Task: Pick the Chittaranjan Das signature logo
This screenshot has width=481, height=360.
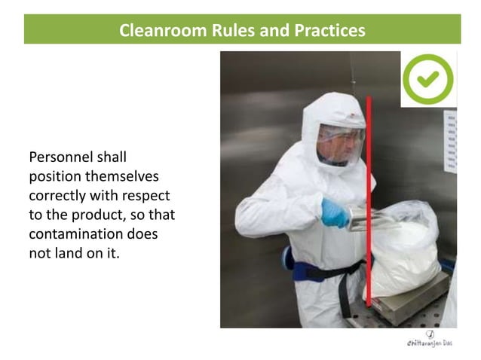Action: click(x=427, y=339)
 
